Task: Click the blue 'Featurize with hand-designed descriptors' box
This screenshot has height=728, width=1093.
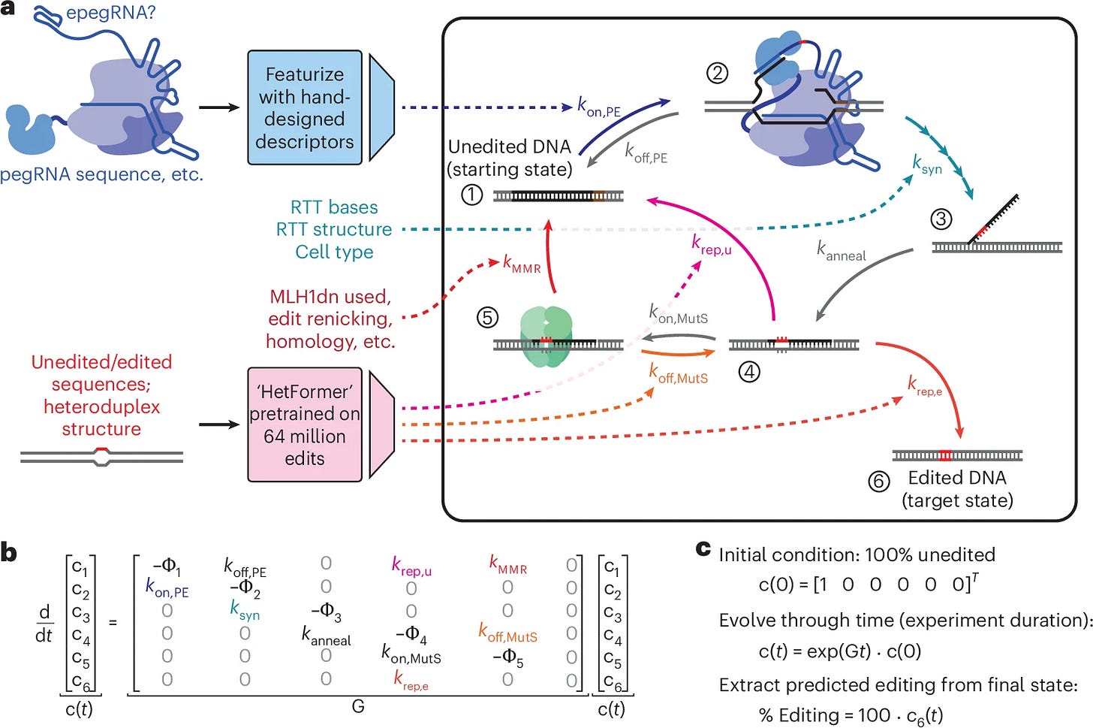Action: (x=305, y=107)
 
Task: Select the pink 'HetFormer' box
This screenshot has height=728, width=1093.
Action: (x=305, y=424)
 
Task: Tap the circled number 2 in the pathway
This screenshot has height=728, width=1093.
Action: (x=718, y=73)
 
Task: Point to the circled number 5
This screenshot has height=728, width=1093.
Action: (x=487, y=317)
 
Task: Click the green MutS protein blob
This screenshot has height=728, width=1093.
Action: (x=546, y=337)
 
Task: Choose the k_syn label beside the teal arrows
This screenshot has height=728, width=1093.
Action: (x=927, y=165)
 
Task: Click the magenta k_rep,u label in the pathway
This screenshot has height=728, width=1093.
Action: (x=712, y=244)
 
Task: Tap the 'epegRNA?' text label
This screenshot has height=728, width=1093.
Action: (x=111, y=13)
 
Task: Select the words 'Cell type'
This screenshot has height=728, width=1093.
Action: (x=334, y=252)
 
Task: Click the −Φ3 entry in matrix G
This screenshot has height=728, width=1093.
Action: (x=327, y=612)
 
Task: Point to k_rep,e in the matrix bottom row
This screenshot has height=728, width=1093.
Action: (x=411, y=680)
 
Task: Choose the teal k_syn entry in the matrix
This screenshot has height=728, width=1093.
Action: (x=245, y=610)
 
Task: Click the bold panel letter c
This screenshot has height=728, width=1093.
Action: (x=703, y=548)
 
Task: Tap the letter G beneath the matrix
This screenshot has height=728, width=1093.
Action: (x=358, y=706)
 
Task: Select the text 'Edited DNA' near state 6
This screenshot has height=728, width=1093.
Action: (x=957, y=478)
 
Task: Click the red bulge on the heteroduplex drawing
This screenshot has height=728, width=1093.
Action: (x=101, y=449)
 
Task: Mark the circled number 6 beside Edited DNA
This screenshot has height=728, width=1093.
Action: (x=879, y=482)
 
